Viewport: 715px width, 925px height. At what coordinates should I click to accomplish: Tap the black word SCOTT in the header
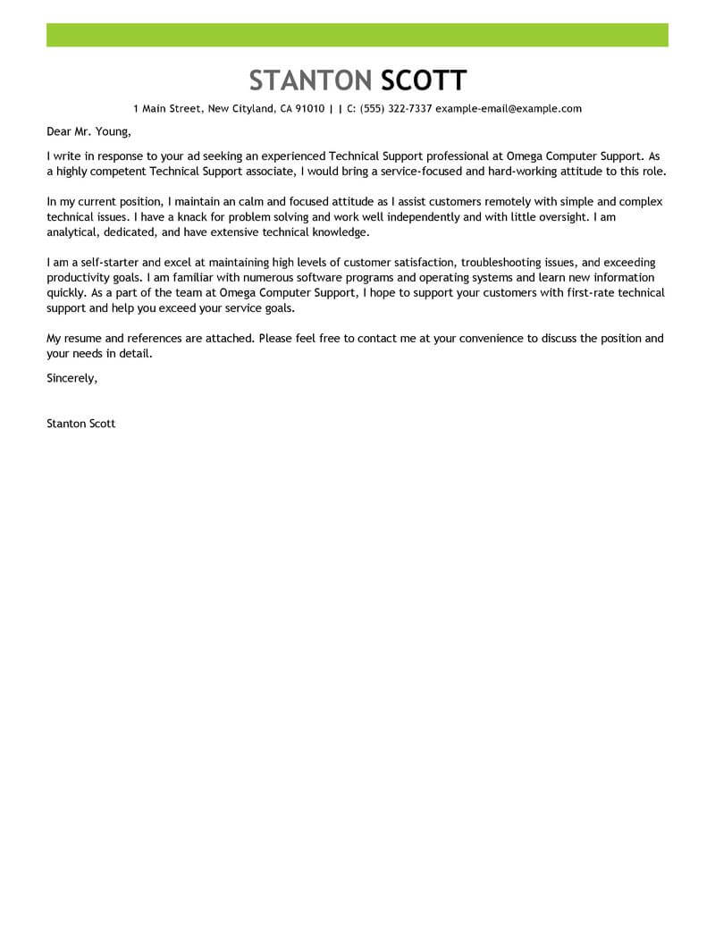423,80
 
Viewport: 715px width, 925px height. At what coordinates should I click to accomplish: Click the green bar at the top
357,35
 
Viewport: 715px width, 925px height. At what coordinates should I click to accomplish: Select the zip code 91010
307,109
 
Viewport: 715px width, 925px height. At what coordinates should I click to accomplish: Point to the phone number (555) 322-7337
396,109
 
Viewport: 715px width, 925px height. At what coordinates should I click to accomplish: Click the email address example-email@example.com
509,109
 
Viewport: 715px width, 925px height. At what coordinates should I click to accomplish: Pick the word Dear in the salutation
59,132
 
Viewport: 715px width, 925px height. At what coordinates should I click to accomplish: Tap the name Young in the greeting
111,132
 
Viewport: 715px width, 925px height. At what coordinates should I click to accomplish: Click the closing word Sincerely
71,377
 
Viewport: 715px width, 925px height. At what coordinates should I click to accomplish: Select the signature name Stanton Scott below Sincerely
80,424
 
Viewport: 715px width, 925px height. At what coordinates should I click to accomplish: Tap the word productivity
80,278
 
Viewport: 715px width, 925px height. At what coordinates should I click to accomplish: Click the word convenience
476,339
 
